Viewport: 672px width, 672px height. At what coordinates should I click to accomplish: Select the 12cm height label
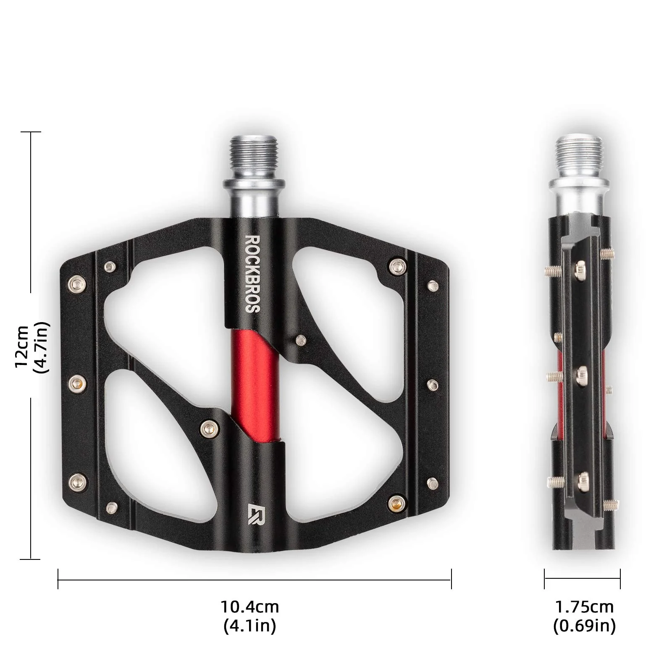(x=22, y=347)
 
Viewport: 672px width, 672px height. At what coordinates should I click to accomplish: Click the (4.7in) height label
(x=42, y=347)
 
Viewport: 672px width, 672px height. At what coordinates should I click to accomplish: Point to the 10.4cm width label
(x=250, y=607)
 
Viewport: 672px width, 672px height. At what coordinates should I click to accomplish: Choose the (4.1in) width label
(x=250, y=626)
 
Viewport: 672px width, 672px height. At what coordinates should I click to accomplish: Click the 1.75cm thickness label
(x=584, y=607)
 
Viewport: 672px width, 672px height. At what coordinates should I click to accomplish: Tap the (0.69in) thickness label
(x=584, y=626)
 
